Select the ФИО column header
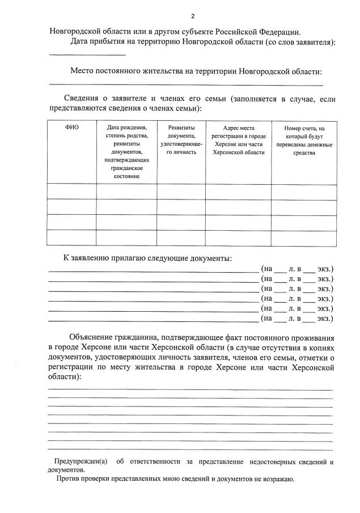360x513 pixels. click(x=71, y=128)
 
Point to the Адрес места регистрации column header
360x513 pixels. click(x=238, y=140)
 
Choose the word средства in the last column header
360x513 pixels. click(x=304, y=152)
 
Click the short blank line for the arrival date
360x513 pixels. click(x=87, y=54)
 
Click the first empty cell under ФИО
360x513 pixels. click(x=71, y=192)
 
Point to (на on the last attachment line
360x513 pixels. click(x=266, y=319)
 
